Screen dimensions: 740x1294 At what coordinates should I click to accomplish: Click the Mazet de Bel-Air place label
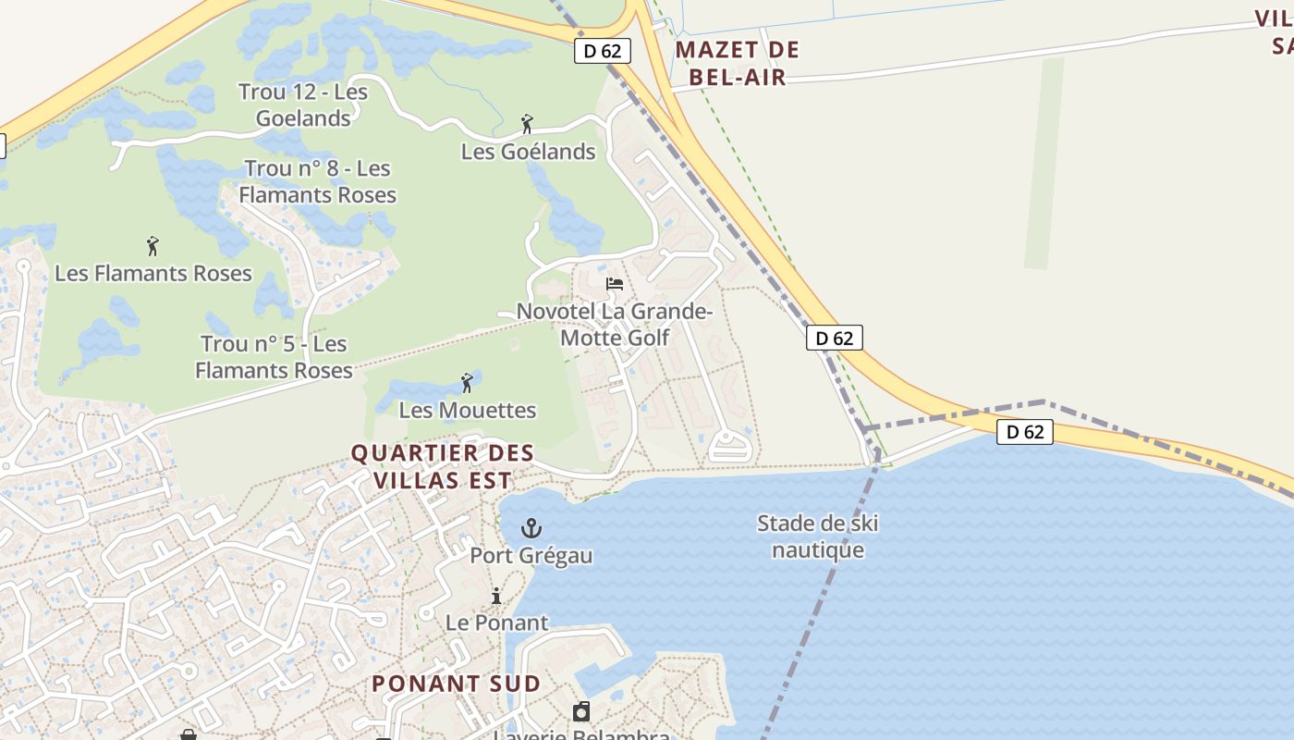pyautogui.click(x=737, y=63)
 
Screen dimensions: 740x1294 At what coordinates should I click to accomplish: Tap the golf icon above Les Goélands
pyautogui.click(x=527, y=124)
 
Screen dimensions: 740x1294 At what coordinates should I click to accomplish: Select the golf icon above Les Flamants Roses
pyautogui.click(x=153, y=246)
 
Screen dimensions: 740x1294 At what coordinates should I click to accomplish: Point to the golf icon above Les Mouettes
pyautogui.click(x=467, y=382)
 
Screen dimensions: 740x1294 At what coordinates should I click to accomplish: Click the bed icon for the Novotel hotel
pyautogui.click(x=615, y=284)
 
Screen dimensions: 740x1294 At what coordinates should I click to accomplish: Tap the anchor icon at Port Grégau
pyautogui.click(x=531, y=529)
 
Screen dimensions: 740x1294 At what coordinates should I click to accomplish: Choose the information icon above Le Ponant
pyautogui.click(x=496, y=596)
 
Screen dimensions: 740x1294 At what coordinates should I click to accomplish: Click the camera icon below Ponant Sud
pyautogui.click(x=581, y=711)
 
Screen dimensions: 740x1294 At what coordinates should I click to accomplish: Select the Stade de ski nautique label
pyautogui.click(x=818, y=536)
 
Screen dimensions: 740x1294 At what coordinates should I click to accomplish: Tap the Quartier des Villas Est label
pyautogui.click(x=443, y=466)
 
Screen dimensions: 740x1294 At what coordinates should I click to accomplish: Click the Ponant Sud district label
pyautogui.click(x=456, y=684)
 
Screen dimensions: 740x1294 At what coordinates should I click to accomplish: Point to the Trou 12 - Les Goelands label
pyautogui.click(x=303, y=105)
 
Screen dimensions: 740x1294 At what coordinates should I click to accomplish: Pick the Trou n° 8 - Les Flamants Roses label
pyautogui.click(x=317, y=181)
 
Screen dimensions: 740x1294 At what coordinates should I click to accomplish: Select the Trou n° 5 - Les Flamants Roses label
pyautogui.click(x=274, y=357)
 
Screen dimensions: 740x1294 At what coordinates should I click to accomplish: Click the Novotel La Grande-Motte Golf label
pyautogui.click(x=615, y=325)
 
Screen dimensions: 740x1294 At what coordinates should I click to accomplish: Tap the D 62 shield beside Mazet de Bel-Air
pyautogui.click(x=603, y=51)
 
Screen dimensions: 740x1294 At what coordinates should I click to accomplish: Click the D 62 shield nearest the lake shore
pyautogui.click(x=1025, y=431)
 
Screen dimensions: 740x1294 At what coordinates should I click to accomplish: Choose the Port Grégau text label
pyautogui.click(x=531, y=555)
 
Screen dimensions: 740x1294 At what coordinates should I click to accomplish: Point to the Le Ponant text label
pyautogui.click(x=496, y=623)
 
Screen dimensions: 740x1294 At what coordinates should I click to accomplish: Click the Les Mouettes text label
pyautogui.click(x=467, y=410)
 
